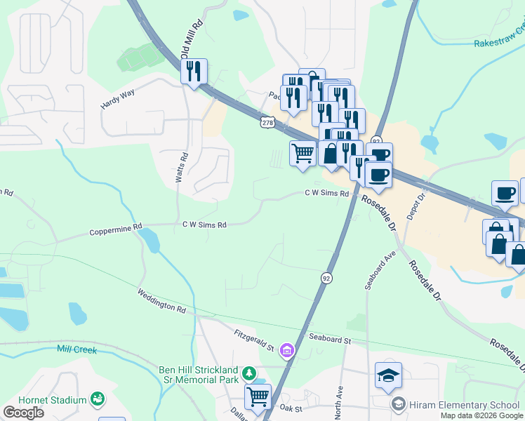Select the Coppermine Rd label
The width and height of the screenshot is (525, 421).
click(117, 229)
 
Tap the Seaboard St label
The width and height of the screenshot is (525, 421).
click(326, 340)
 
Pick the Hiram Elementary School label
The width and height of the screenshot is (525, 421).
click(465, 405)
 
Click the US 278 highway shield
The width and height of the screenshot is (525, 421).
click(267, 123)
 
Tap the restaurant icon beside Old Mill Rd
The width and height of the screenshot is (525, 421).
click(193, 71)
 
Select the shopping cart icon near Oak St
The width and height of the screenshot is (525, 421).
click(258, 396)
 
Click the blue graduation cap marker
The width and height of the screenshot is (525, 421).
click(388, 375)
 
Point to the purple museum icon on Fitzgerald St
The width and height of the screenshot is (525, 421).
click(286, 349)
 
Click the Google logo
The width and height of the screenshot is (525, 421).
click(24, 413)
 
